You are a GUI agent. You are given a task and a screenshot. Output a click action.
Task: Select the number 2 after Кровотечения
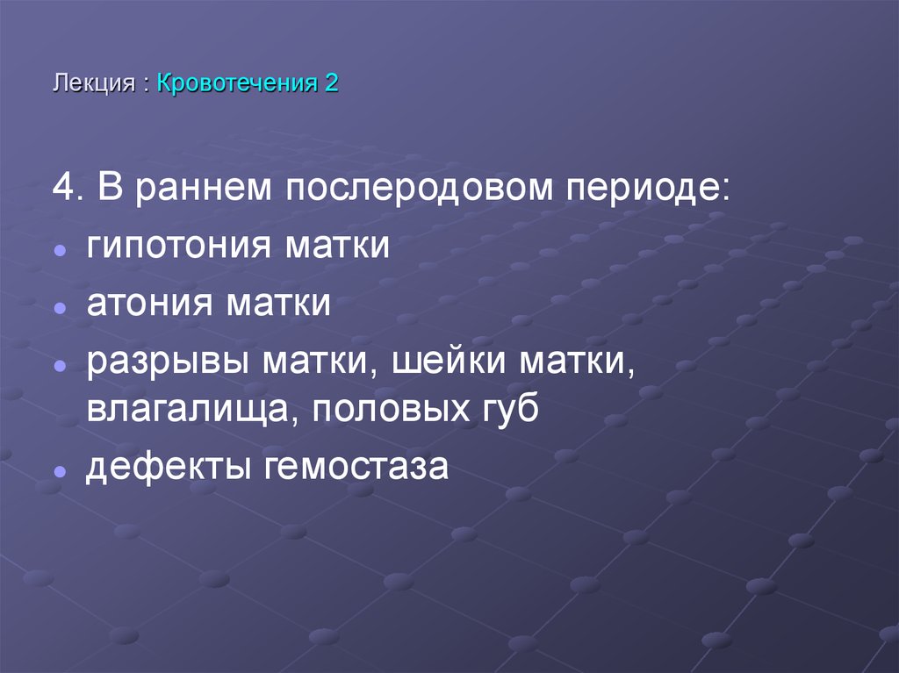click(x=331, y=84)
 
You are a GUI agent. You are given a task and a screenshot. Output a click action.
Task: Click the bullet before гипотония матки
click(x=59, y=251)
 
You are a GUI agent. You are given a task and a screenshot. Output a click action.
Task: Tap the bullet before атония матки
click(x=59, y=310)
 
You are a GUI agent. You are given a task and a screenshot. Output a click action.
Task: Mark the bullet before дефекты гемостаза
click(x=59, y=471)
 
